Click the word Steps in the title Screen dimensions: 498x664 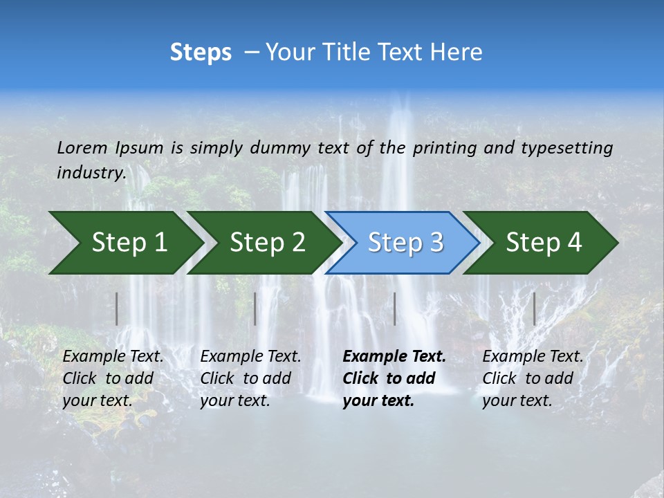tap(201, 53)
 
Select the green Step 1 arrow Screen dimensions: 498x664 tap(129, 243)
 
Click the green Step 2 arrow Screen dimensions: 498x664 tap(267, 243)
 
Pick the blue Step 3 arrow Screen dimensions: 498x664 tap(405, 243)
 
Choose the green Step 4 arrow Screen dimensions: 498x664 tap(543, 243)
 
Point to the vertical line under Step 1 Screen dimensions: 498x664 tap(117, 308)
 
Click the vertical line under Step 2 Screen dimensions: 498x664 tap(255, 308)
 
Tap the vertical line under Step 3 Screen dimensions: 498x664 tap(394, 308)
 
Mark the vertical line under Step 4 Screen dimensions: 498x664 tap(534, 308)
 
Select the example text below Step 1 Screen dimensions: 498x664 tap(113, 378)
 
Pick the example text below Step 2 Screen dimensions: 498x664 tap(250, 378)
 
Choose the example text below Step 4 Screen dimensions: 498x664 tap(533, 378)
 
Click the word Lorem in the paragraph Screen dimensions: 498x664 tap(82, 148)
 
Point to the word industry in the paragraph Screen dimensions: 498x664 tap(91, 173)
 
